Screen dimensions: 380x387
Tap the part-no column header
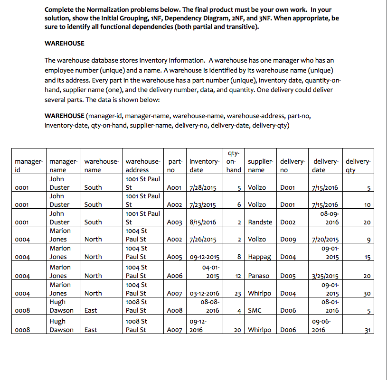click(173, 166)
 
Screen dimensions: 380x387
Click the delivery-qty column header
click(359, 166)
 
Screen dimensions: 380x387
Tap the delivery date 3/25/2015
click(324, 276)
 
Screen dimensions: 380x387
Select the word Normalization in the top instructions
click(101, 10)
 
